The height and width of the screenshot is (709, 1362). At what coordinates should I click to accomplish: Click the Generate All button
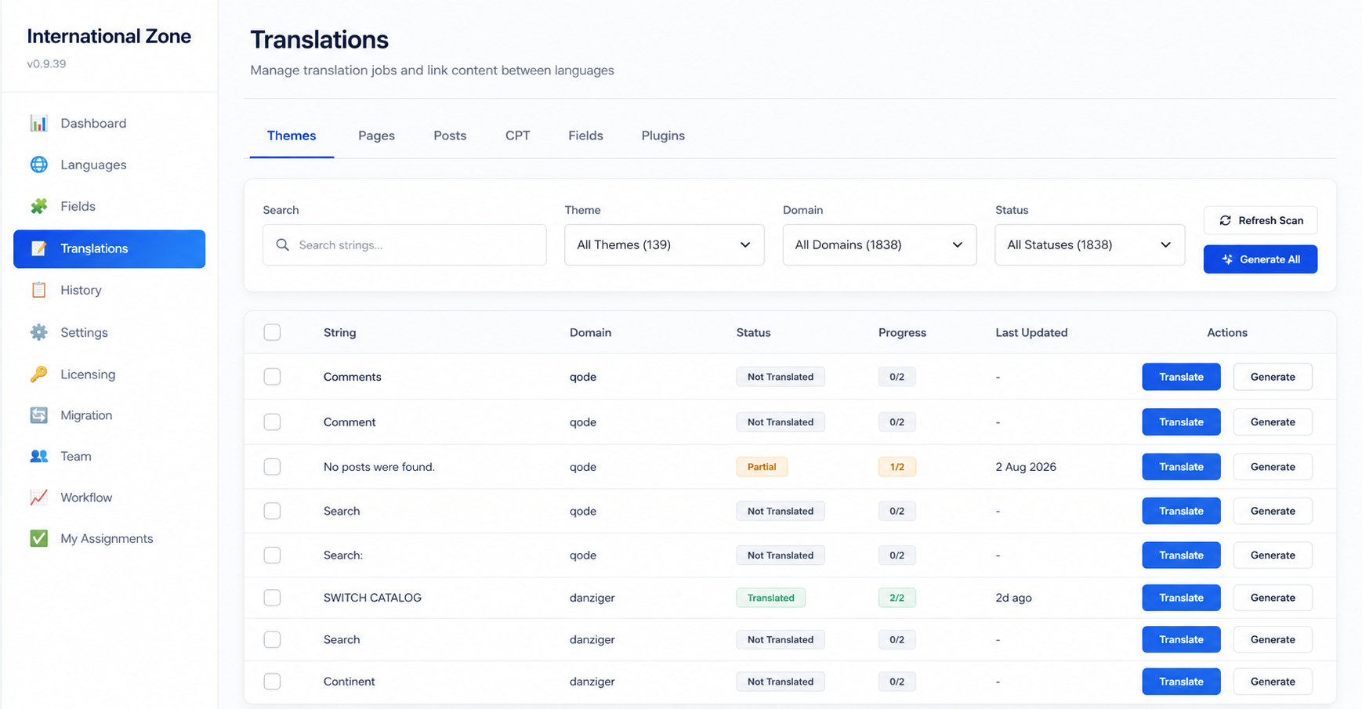click(1260, 259)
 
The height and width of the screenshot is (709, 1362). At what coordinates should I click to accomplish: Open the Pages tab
click(376, 136)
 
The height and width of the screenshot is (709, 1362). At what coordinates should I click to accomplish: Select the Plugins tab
click(663, 136)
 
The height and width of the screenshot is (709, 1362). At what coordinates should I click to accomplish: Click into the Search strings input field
click(404, 245)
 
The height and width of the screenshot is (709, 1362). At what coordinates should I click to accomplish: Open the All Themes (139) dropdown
click(665, 245)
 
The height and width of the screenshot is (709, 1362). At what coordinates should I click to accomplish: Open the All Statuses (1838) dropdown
click(1090, 245)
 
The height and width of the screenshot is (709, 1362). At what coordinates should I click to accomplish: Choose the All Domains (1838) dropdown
click(879, 245)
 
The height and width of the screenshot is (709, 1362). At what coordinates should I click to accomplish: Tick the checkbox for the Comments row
click(272, 377)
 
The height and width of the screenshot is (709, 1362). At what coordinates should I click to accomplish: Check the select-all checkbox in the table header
click(272, 332)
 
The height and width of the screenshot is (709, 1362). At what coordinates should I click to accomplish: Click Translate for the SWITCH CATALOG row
click(1181, 598)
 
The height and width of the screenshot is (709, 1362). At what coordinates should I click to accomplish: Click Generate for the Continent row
click(1273, 682)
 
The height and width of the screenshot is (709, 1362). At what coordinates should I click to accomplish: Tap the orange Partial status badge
click(762, 467)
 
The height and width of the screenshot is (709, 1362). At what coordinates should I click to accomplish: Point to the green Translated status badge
click(770, 598)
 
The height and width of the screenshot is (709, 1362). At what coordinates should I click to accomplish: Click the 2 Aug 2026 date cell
click(1026, 467)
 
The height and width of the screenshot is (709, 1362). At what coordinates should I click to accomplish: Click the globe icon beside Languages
click(38, 165)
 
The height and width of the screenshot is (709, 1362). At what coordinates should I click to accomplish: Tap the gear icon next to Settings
click(38, 332)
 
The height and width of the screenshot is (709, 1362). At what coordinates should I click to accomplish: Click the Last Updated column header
click(1031, 332)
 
